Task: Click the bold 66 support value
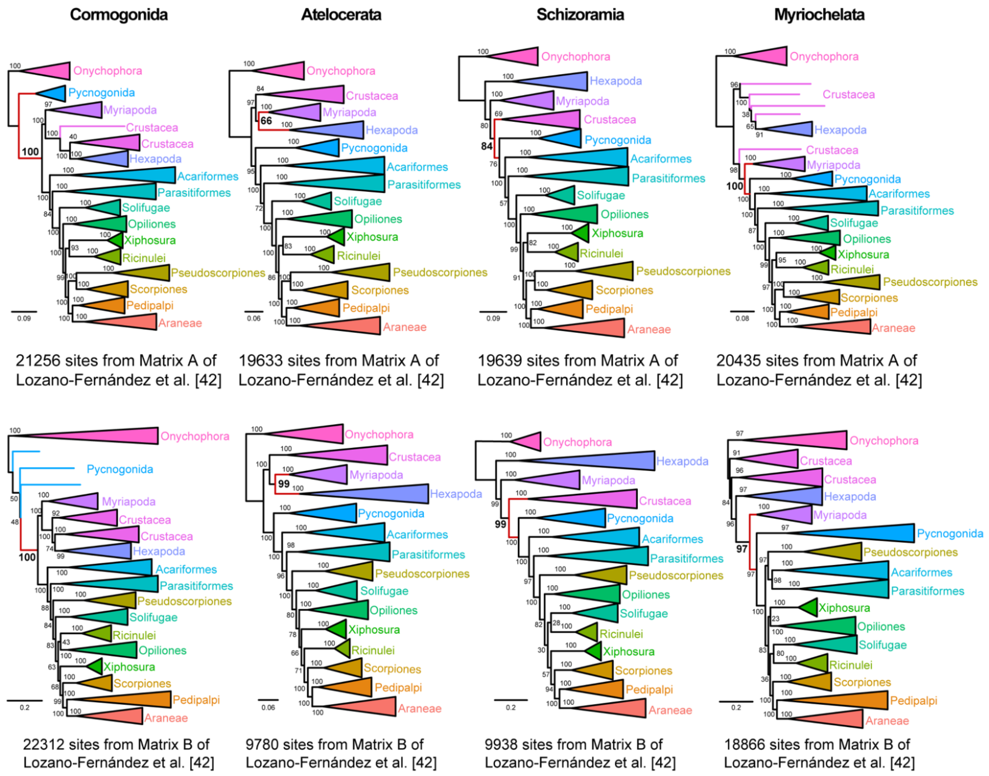266,121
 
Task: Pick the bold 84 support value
486,146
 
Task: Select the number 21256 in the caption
38,361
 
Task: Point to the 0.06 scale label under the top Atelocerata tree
253,319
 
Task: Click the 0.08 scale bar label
742,319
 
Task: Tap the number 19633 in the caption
261,361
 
